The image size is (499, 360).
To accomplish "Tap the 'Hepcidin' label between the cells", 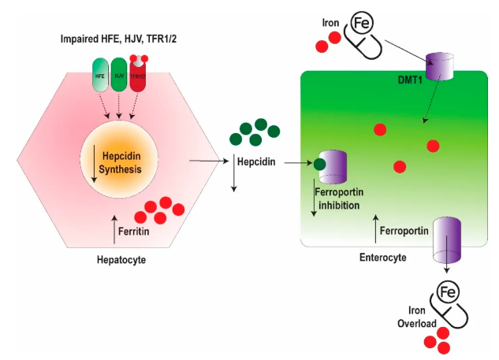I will coord(255,162).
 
